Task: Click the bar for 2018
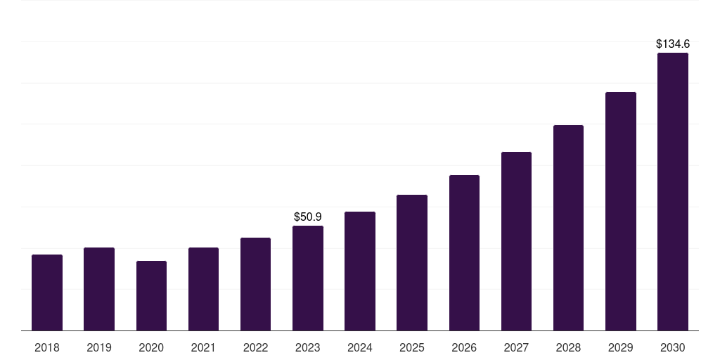point(47,292)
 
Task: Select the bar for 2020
point(152,296)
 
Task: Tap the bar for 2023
point(308,278)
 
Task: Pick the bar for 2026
point(464,252)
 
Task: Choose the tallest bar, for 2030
point(673,191)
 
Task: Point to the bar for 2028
point(568,228)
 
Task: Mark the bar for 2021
point(203,289)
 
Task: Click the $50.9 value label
point(308,217)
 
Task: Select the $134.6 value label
point(673,44)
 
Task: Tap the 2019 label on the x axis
point(99,347)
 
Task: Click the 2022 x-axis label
point(255,347)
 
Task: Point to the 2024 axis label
point(360,347)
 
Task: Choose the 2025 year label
point(412,347)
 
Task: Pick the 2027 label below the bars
point(516,347)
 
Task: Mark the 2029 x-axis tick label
point(620,347)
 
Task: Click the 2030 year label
point(673,347)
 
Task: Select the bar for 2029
point(621,211)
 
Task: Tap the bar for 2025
point(412,263)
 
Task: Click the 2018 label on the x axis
point(47,347)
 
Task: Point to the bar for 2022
point(255,284)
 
